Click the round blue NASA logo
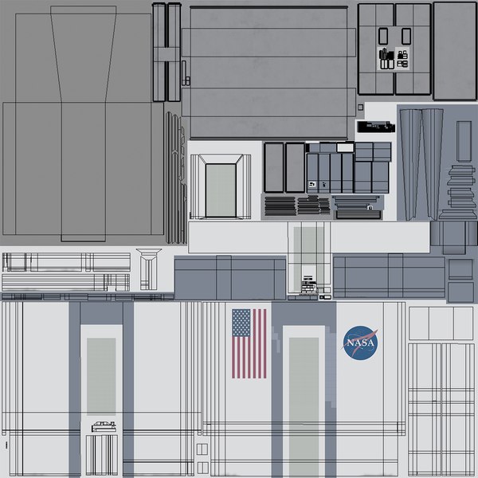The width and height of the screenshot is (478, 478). tap(361, 343)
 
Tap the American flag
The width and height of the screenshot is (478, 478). tap(249, 343)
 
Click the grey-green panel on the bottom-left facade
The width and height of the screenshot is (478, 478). tap(101, 376)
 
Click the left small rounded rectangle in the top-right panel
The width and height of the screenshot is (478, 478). tap(382, 35)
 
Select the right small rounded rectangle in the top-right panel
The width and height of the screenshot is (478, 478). tap(405, 35)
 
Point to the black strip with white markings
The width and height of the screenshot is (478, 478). tap(374, 126)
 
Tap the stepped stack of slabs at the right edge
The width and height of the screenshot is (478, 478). tap(461, 188)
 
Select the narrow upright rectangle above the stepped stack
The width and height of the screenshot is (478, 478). tap(464, 140)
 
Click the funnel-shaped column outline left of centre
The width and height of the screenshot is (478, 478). tap(147, 268)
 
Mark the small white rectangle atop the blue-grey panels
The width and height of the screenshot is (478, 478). tap(343, 147)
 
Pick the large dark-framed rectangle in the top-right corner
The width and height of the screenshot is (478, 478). tap(454, 51)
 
